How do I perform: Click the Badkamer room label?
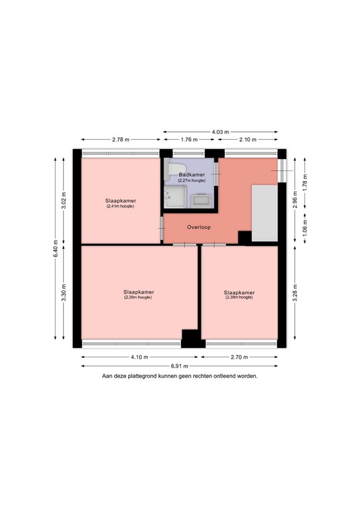tap(192, 174)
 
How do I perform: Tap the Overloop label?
tap(198, 226)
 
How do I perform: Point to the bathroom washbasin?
tap(201, 199)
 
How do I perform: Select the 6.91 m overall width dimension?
tap(180, 366)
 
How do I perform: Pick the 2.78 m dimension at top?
tap(120, 140)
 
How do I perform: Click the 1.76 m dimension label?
tap(189, 140)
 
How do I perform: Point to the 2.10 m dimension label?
tap(249, 140)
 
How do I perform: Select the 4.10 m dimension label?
tap(139, 357)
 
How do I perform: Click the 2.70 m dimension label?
tap(239, 357)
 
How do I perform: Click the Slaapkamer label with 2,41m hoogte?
tap(120, 200)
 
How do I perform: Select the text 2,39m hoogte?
tap(138, 298)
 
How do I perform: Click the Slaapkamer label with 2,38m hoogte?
tap(239, 292)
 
